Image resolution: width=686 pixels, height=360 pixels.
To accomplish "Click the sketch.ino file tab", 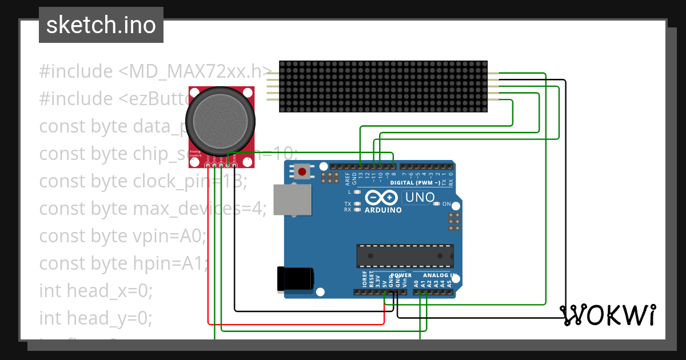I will point(101,25).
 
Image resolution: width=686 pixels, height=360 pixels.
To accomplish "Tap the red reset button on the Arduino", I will point(302,171).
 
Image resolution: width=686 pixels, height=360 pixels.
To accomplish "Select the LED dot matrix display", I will point(383,86).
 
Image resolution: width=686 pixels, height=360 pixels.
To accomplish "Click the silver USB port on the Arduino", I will point(292,199).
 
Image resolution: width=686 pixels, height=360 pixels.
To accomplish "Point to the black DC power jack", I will point(295,279).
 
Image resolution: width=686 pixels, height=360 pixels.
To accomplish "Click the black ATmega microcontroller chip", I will point(405,256).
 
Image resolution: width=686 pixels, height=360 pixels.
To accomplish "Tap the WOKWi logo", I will point(607,315).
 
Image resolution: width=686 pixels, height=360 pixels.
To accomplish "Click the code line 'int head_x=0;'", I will point(95,291).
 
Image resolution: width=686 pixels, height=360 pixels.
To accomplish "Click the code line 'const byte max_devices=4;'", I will point(153,209).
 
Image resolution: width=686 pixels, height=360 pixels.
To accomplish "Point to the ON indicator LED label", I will point(447,204).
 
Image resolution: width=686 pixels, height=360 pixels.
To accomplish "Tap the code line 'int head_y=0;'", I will point(95,318).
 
